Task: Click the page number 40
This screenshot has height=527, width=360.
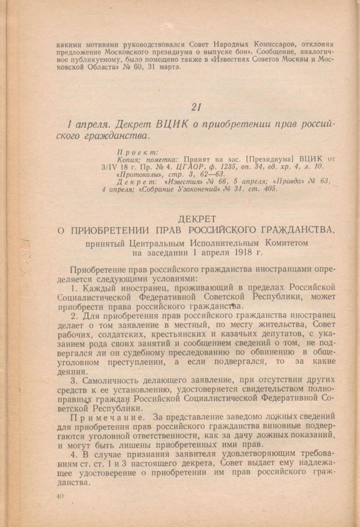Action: (x=60, y=496)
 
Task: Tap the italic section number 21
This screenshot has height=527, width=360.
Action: (x=198, y=106)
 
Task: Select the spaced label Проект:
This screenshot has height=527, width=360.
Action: (x=138, y=152)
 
